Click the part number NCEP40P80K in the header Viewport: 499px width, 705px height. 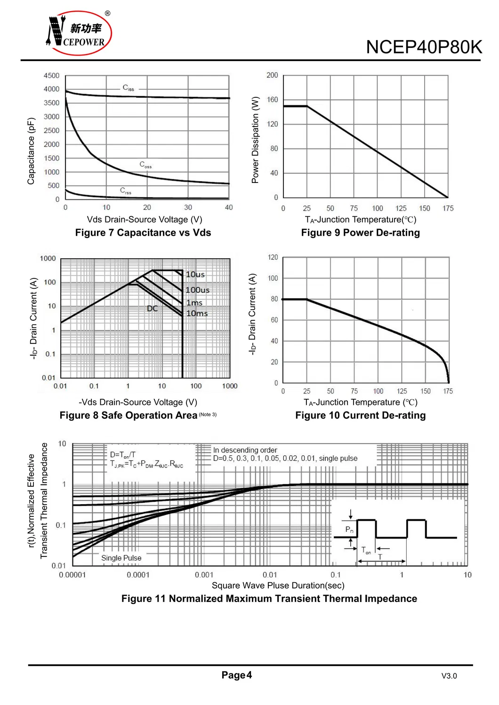(424, 47)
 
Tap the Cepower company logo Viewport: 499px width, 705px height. (79, 33)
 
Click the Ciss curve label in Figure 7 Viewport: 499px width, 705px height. (128, 88)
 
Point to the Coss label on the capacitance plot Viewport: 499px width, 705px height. (145, 165)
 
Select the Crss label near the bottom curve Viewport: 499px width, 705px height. (126, 190)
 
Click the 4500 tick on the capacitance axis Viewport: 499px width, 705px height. (51, 75)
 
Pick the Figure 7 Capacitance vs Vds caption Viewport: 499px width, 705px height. (143, 233)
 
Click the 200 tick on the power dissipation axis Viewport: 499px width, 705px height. (272, 75)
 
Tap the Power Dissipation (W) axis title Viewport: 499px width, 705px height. (255, 140)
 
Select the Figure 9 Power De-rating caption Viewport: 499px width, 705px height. (360, 233)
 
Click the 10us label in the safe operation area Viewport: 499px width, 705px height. (195, 274)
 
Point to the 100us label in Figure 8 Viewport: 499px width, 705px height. (198, 290)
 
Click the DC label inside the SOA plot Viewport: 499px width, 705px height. (152, 309)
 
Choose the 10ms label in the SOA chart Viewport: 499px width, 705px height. (197, 313)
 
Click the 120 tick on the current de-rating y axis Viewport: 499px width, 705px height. (273, 257)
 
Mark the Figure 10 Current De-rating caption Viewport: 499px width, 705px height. (360, 415)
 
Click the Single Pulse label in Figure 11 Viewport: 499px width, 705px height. (121, 558)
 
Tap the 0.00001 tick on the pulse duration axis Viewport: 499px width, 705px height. (72, 575)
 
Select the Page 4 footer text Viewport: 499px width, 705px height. (237, 675)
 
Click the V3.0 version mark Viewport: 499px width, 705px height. (449, 676)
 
